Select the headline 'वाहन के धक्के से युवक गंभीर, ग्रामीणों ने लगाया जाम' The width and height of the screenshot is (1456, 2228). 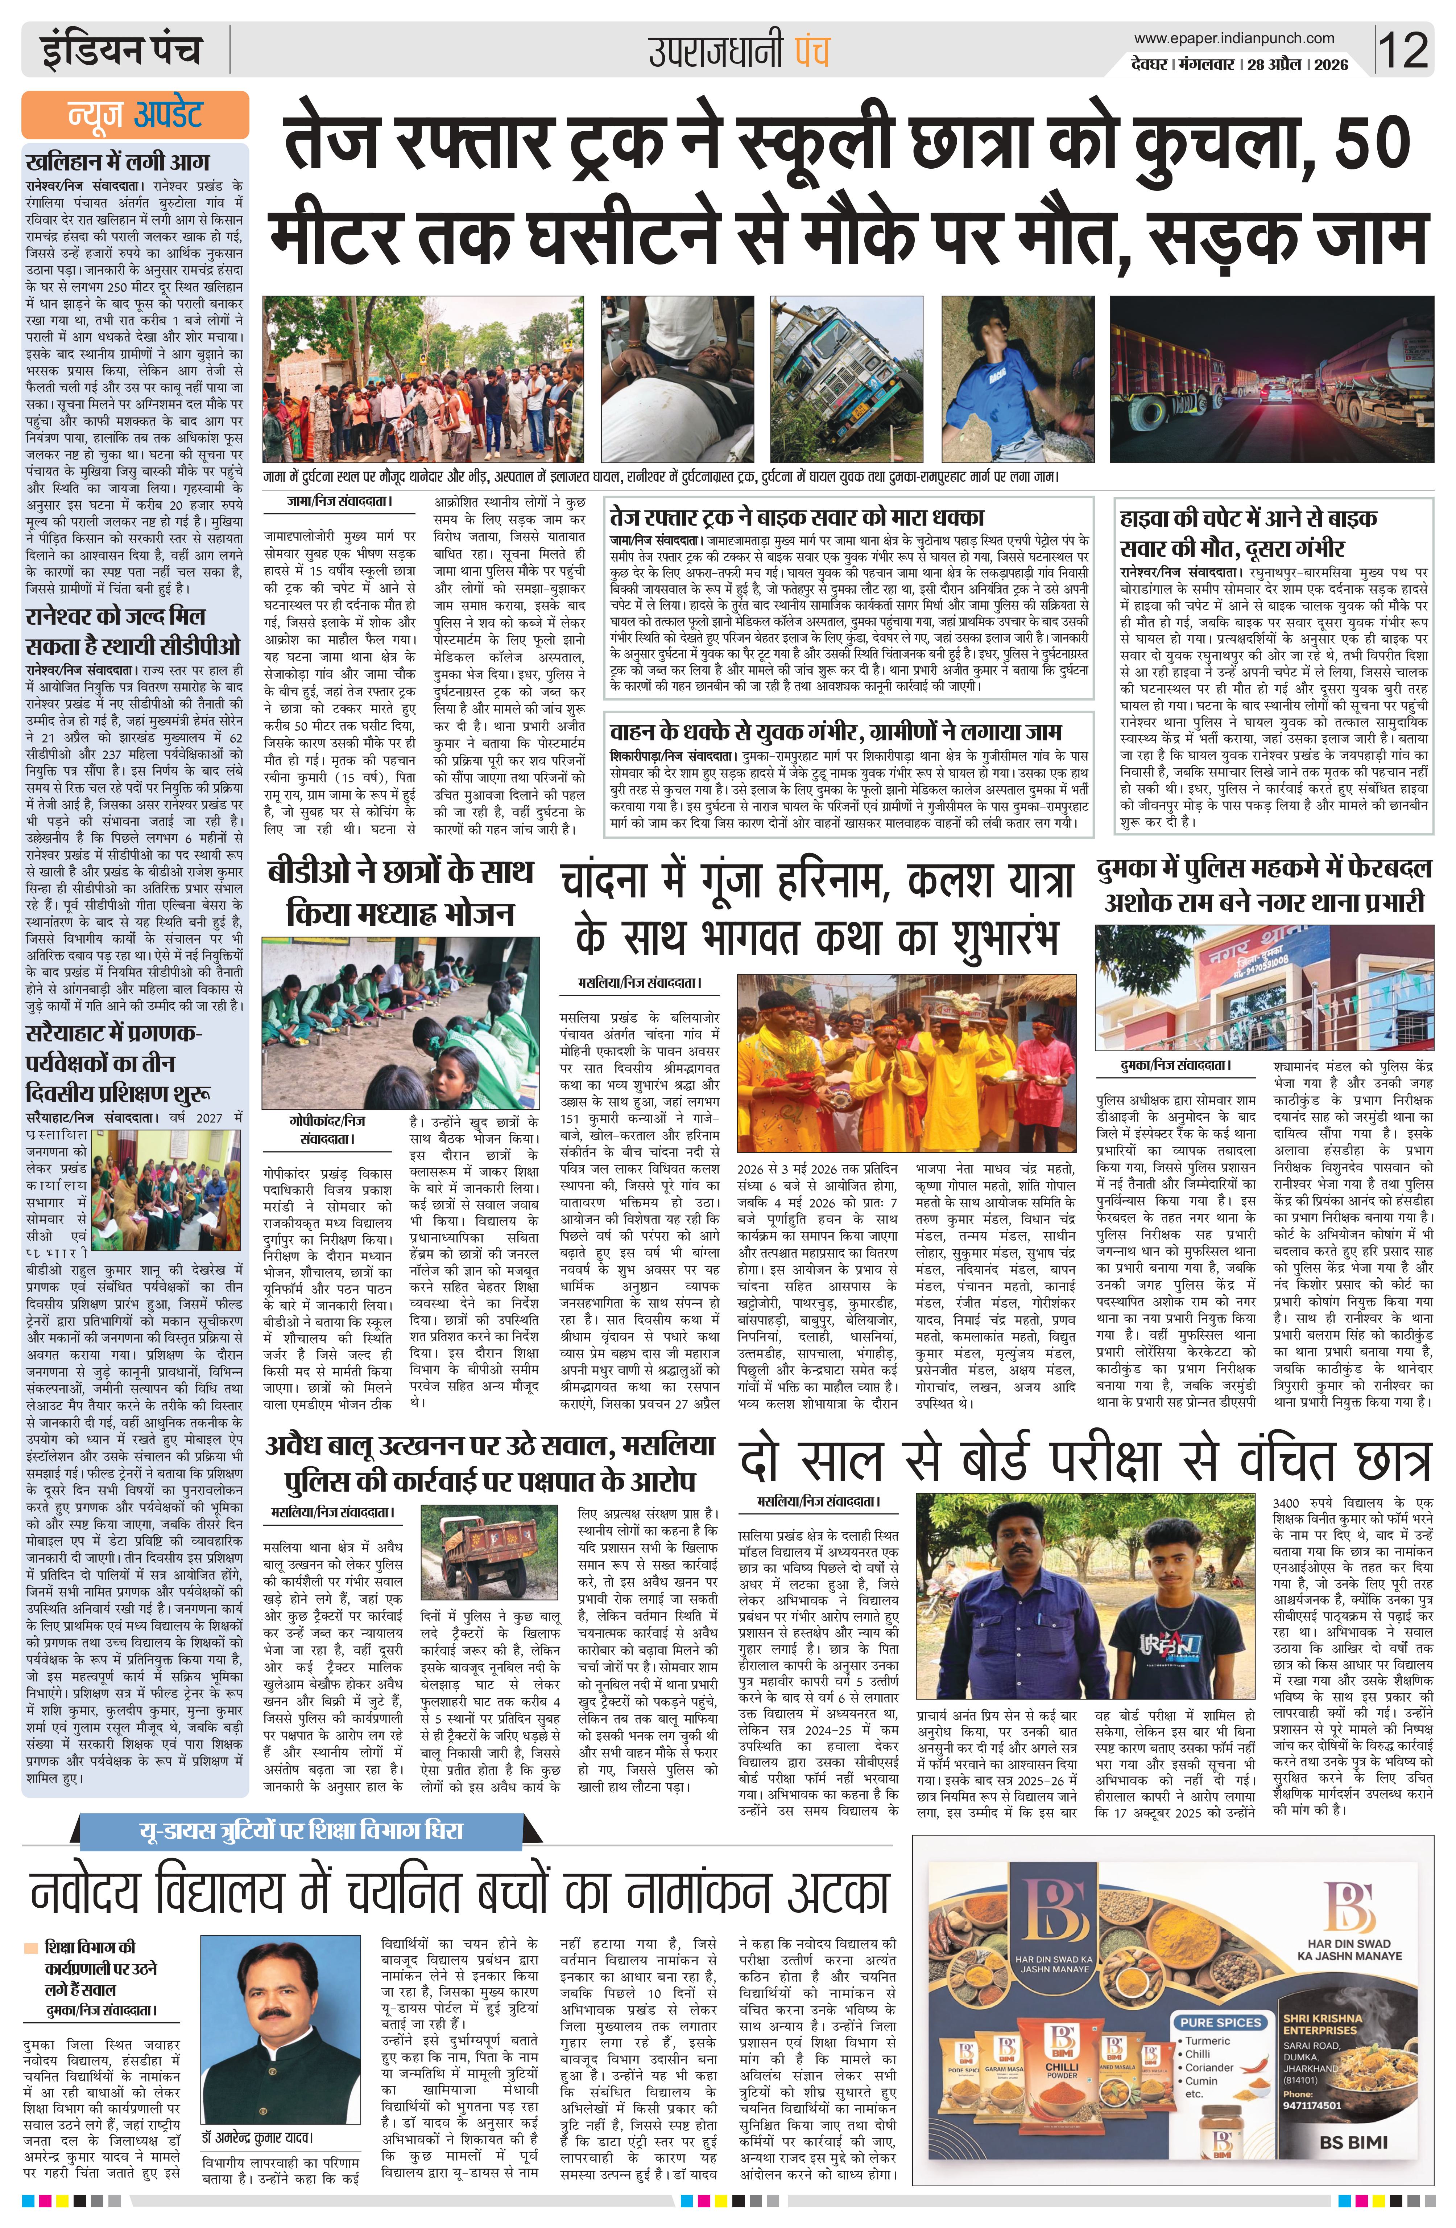[x=836, y=731]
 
